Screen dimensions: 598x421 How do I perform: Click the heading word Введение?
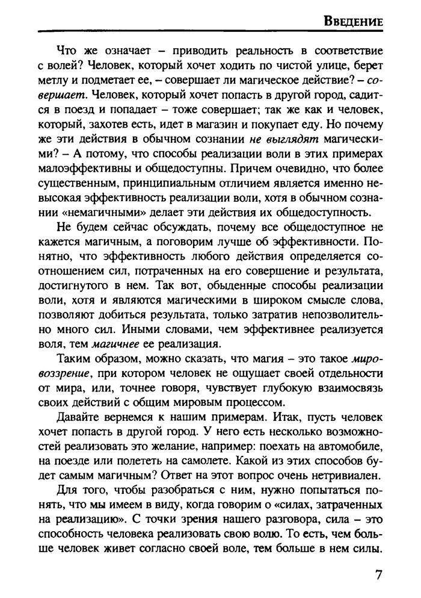click(x=354, y=21)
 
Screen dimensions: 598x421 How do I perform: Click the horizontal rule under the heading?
click(x=210, y=32)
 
